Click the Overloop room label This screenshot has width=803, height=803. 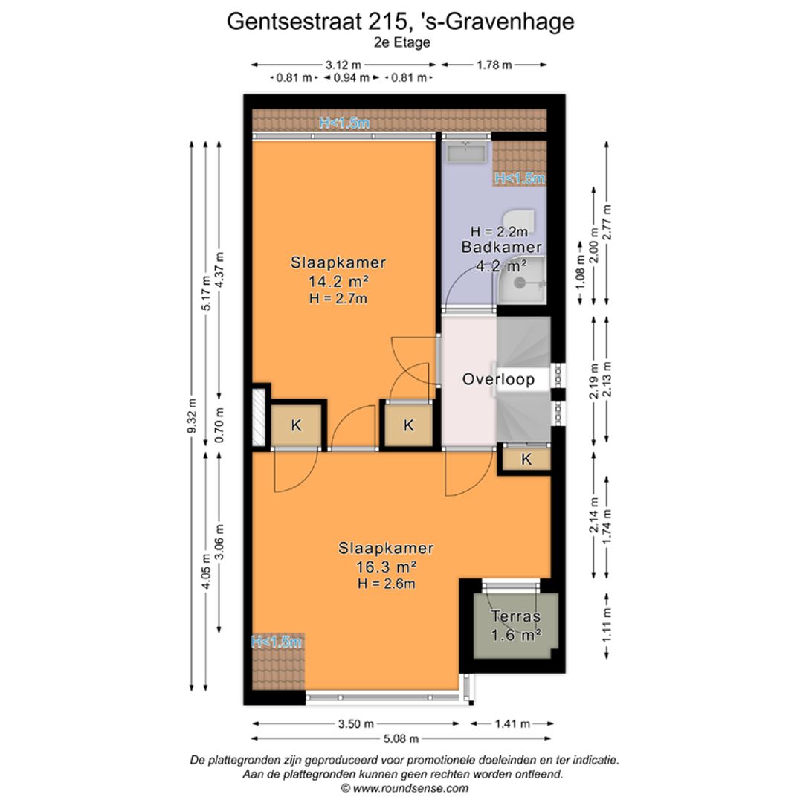[x=498, y=379]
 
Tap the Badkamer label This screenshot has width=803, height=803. [x=501, y=248]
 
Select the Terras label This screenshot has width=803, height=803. [x=515, y=616]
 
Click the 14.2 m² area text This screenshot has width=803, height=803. [x=338, y=281]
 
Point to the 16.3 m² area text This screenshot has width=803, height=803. [x=385, y=567]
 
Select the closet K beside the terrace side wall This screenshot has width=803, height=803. [x=526, y=459]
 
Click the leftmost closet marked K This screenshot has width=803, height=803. [x=296, y=426]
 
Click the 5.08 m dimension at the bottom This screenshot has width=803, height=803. [x=401, y=738]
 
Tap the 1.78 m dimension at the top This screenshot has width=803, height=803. [x=494, y=65]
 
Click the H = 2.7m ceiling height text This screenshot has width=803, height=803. [x=338, y=298]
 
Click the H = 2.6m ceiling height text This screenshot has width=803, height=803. [x=385, y=584]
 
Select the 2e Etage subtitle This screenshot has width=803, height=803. [x=401, y=43]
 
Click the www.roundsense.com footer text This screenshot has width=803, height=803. [x=404, y=788]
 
